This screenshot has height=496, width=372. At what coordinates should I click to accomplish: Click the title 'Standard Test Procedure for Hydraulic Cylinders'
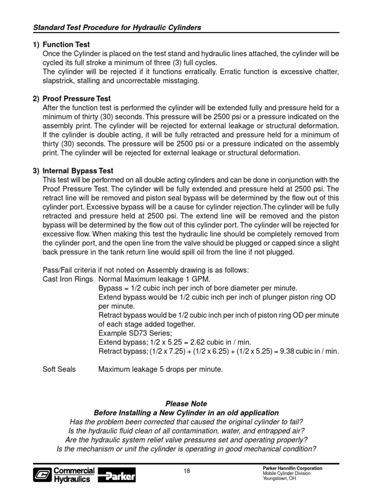click(x=117, y=28)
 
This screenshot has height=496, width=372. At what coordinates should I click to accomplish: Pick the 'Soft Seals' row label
click(x=59, y=369)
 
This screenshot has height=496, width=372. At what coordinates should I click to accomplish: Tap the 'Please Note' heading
click(x=186, y=403)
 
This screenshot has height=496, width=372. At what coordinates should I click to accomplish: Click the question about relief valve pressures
click(x=186, y=440)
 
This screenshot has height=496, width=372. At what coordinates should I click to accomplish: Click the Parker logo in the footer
click(x=117, y=475)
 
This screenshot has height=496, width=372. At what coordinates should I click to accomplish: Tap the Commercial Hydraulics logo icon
click(x=42, y=475)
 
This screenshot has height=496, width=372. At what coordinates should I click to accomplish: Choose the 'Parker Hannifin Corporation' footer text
click(x=292, y=468)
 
